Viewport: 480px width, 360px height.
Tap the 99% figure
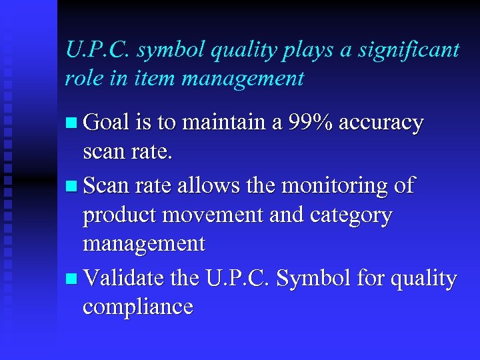(x=311, y=123)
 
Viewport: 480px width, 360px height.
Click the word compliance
(x=138, y=307)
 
